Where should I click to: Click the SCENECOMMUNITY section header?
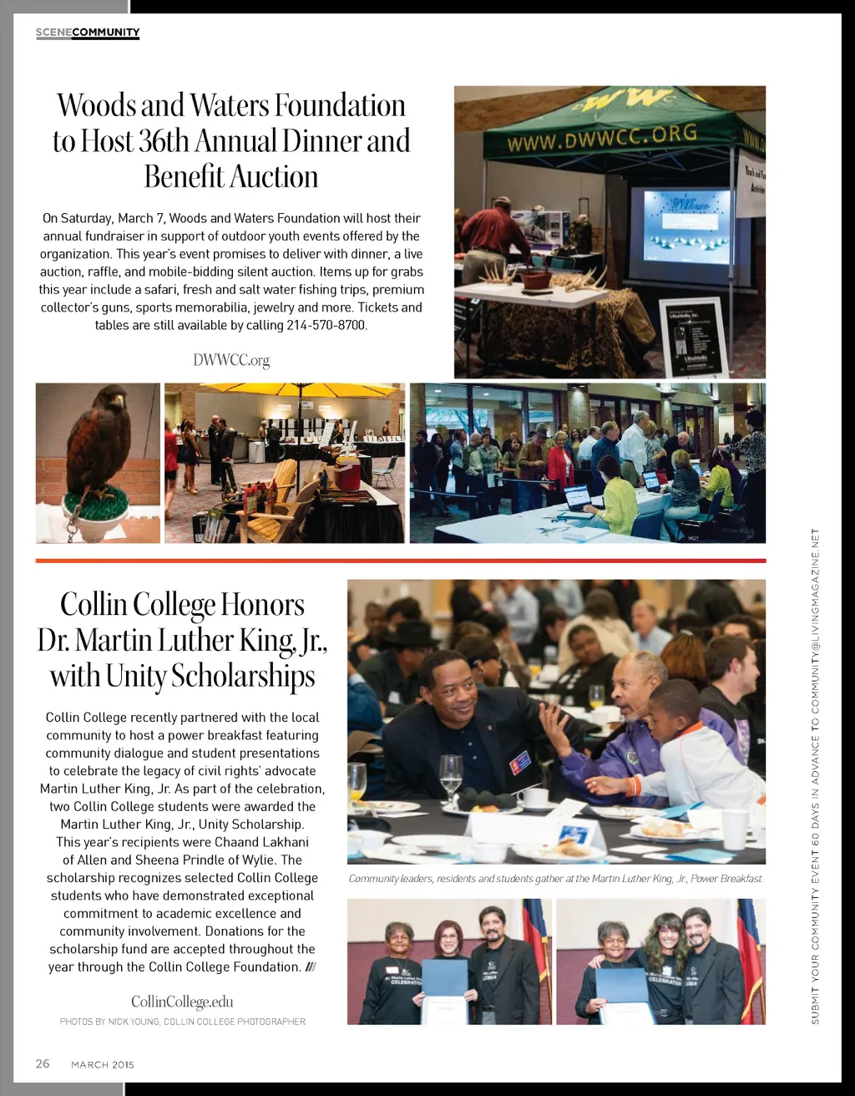pos(88,33)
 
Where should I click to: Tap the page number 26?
pos(43,1063)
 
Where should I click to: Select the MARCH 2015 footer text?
pos(103,1064)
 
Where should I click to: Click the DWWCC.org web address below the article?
pos(231,360)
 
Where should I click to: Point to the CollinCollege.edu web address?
pos(182,1002)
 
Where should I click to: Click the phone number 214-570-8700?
pos(326,325)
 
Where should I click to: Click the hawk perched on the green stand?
pos(99,443)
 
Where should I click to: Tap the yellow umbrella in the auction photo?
pos(284,390)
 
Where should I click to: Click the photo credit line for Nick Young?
pos(182,1022)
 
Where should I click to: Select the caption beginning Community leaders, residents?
pos(556,879)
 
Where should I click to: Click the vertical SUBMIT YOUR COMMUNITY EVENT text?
pos(816,777)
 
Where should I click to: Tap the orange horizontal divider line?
pos(401,561)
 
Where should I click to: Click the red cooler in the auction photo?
pos(347,474)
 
